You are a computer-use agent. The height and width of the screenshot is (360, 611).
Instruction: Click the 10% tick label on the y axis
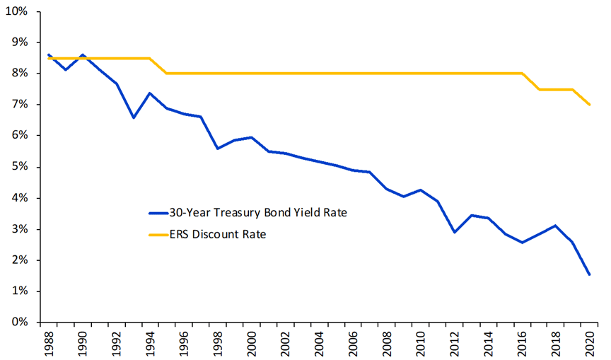pyautogui.click(x=18, y=11)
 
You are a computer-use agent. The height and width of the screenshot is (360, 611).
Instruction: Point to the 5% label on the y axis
pyautogui.click(x=20, y=167)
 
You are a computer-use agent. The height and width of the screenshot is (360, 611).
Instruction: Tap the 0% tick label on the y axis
pyautogui.click(x=20, y=323)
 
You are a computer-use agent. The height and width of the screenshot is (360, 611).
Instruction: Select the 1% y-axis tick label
pyautogui.click(x=20, y=291)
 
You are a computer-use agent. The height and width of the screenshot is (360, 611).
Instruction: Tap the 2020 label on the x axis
pyautogui.click(x=589, y=342)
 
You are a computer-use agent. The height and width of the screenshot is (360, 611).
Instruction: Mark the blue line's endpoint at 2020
pyautogui.click(x=590, y=274)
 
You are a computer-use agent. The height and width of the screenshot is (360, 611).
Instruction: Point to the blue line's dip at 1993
pyautogui.click(x=133, y=117)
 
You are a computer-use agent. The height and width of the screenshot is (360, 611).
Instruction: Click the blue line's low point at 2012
pyautogui.click(x=454, y=232)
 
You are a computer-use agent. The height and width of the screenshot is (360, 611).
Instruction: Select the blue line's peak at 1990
pyautogui.click(x=83, y=54)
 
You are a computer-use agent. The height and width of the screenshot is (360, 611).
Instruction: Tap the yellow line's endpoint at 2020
pyautogui.click(x=590, y=105)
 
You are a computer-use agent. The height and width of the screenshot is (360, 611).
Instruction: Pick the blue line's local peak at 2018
pyautogui.click(x=556, y=226)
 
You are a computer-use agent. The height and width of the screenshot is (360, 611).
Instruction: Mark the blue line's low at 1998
pyautogui.click(x=218, y=149)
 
